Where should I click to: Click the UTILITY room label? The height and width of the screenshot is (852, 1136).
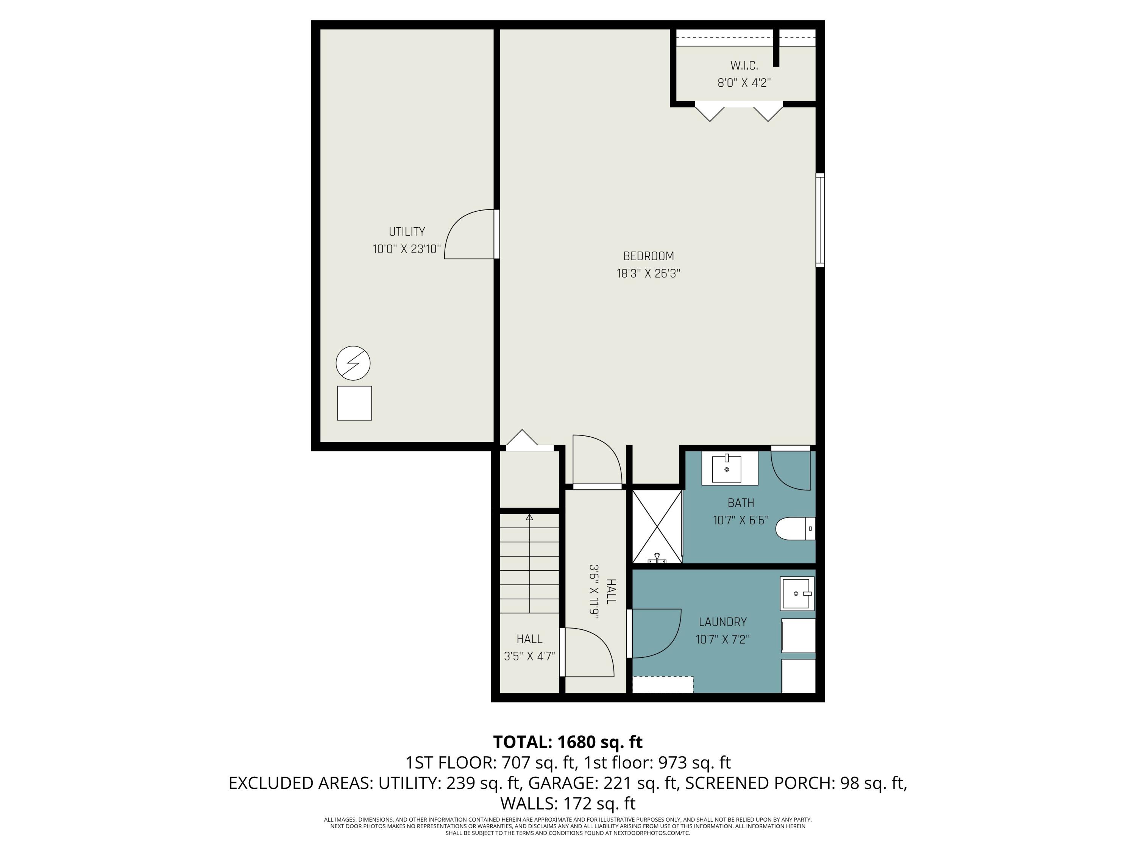[406, 232]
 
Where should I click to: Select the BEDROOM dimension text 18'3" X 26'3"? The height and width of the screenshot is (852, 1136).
[648, 273]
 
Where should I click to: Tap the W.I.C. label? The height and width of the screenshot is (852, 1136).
[744, 66]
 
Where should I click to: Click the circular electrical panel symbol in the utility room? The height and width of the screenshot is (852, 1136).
[353, 363]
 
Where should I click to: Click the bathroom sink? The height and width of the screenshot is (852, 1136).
[726, 468]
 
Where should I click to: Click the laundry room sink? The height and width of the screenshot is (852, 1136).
[797, 594]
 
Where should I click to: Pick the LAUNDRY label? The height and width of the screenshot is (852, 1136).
[722, 622]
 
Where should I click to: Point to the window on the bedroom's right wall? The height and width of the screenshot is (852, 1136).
[820, 220]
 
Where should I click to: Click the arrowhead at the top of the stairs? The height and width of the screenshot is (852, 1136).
[529, 517]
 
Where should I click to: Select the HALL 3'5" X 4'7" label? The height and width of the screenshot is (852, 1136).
[529, 648]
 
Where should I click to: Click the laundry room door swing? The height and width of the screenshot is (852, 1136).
[655, 633]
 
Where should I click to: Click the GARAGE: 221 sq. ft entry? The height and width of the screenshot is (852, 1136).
[602, 783]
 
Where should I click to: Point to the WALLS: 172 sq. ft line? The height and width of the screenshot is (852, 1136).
[568, 803]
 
